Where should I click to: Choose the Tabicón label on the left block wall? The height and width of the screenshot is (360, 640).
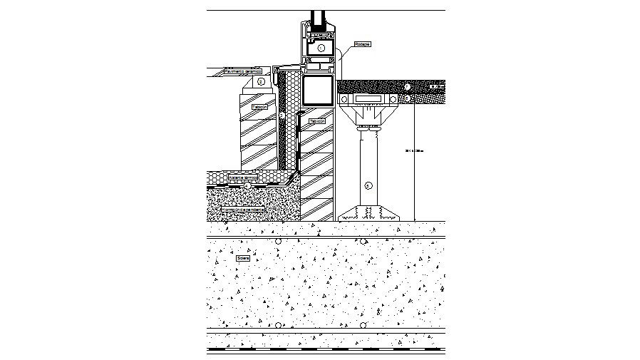[x=260, y=107]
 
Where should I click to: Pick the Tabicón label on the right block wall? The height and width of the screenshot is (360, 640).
[x=317, y=122]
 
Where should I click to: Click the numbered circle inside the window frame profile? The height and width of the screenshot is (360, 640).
[x=321, y=48]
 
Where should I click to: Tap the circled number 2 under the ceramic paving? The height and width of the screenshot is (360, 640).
[x=261, y=82]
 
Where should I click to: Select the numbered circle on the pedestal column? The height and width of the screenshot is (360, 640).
[x=368, y=185]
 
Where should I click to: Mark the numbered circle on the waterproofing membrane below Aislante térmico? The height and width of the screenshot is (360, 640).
[x=247, y=185]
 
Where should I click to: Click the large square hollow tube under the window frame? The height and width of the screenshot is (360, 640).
[x=317, y=91]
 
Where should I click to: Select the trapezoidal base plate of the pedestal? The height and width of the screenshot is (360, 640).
[x=368, y=212]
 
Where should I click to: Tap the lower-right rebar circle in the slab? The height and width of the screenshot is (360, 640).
[x=363, y=325]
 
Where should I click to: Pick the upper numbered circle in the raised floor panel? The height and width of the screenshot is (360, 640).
[x=407, y=86]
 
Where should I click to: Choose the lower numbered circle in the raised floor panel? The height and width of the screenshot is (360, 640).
[x=407, y=97]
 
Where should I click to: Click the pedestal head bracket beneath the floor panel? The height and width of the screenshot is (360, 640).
[x=368, y=113]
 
